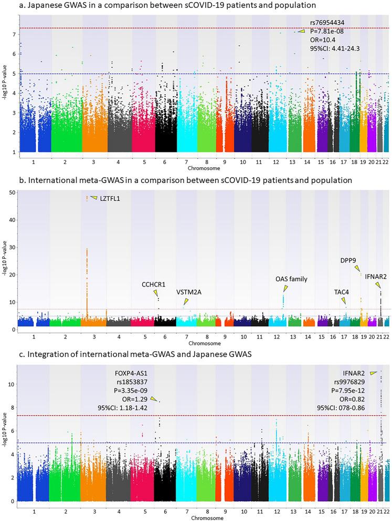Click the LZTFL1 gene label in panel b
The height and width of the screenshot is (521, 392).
pyautogui.click(x=111, y=199)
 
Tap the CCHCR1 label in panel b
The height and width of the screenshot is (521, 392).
pyautogui.click(x=153, y=284)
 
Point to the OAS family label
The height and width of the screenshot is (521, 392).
pyautogui.click(x=291, y=279)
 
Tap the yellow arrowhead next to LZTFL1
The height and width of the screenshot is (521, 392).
pyautogui.click(x=94, y=198)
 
